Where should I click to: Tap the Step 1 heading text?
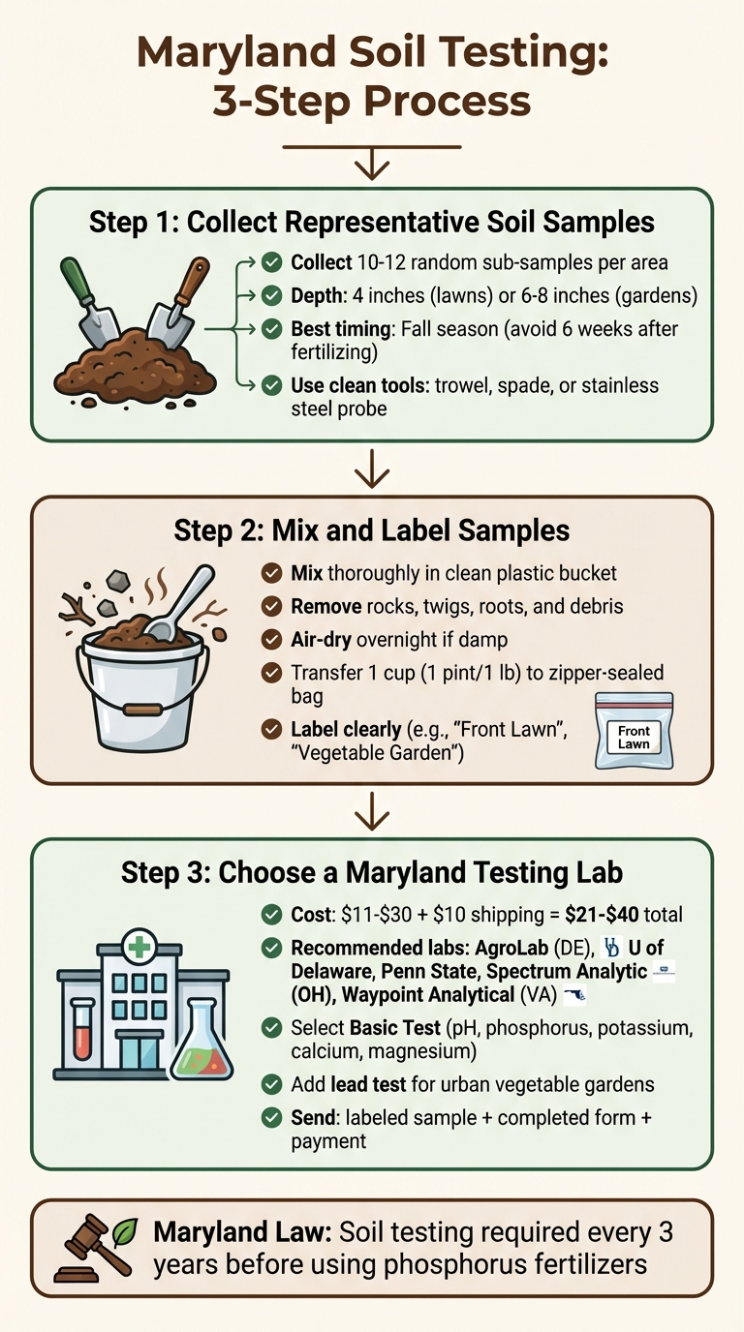371,222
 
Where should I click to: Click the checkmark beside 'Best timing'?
272,329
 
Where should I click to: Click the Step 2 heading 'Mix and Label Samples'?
371,530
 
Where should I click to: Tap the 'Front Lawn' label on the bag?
635,735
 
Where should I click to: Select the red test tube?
81,1028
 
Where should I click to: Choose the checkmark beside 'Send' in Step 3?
272,1117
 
